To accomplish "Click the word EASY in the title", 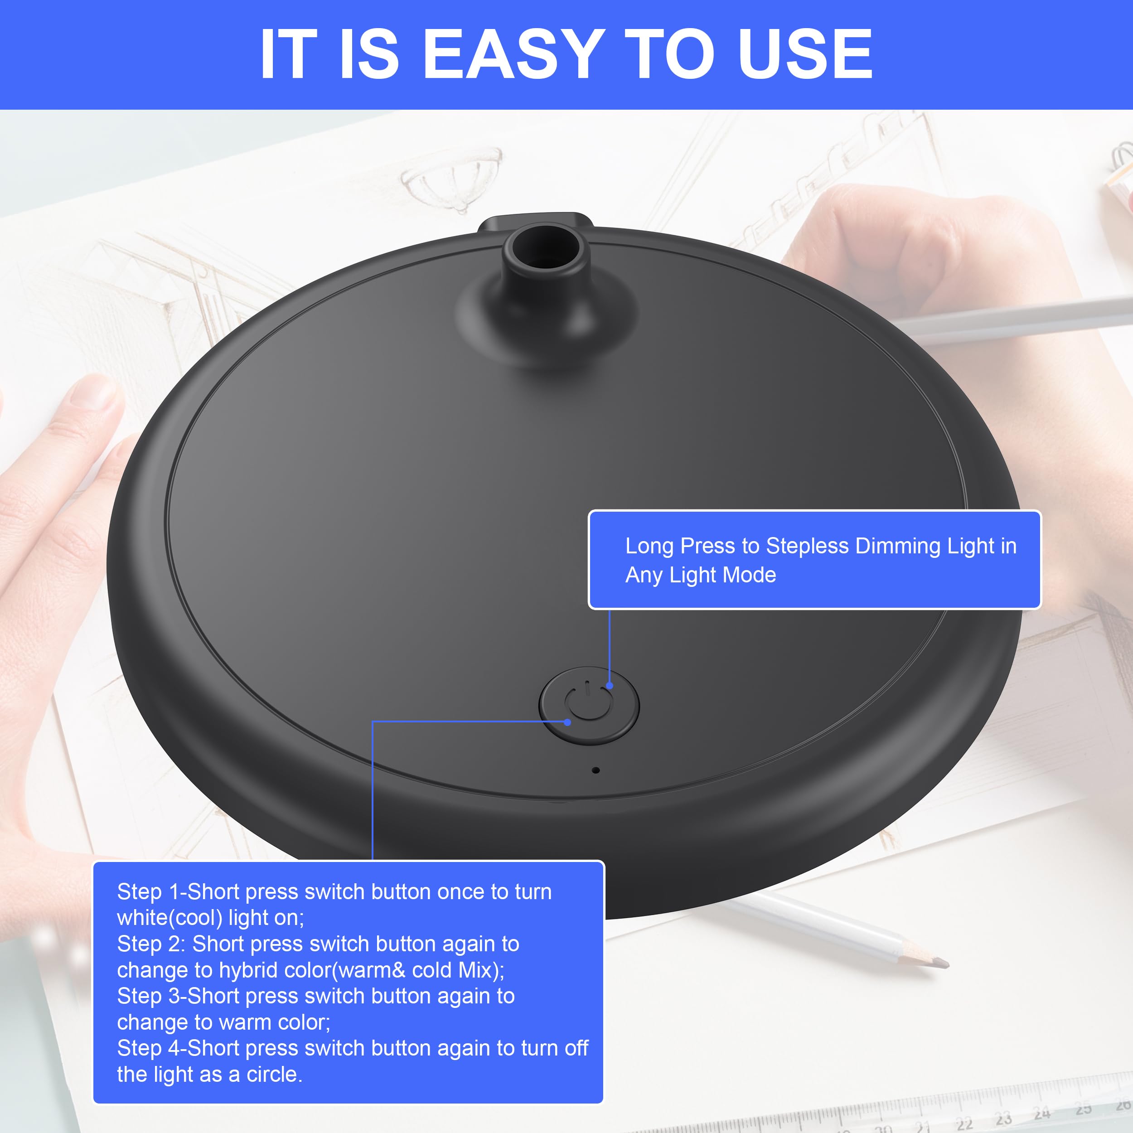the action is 514,54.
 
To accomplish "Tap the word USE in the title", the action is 805,54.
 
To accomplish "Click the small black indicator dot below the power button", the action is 596,770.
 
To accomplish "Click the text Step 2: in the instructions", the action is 151,944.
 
